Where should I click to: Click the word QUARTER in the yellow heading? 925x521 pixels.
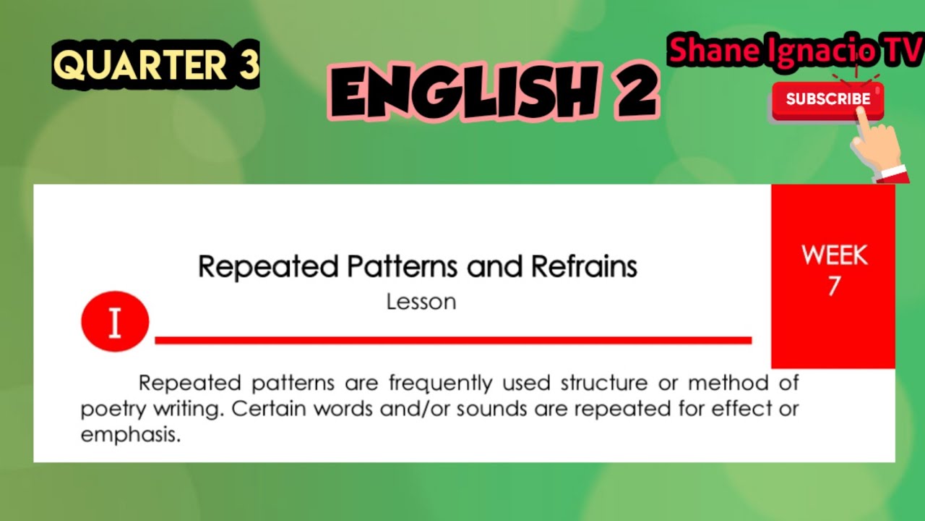click(x=140, y=66)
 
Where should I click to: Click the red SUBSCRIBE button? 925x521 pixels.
click(x=827, y=100)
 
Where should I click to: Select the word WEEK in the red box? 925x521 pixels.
click(x=834, y=255)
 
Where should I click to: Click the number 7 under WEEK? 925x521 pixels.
click(x=834, y=287)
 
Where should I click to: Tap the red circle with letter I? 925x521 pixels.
click(x=115, y=322)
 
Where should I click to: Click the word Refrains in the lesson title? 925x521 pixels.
click(x=584, y=267)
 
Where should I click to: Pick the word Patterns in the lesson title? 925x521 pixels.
click(x=403, y=267)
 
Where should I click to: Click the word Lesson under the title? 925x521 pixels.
click(x=421, y=302)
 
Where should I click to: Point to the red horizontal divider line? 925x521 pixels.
click(x=453, y=340)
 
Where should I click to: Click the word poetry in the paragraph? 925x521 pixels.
click(x=113, y=410)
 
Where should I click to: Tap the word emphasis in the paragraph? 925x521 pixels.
click(x=130, y=436)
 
